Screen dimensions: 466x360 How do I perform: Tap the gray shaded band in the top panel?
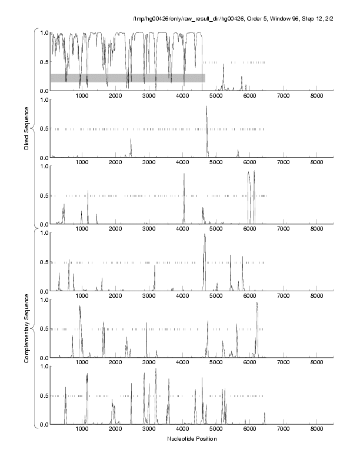(x=127, y=78)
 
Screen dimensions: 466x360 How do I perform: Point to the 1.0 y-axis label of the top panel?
(x=42, y=33)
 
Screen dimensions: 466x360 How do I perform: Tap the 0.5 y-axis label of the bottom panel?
(x=42, y=395)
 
